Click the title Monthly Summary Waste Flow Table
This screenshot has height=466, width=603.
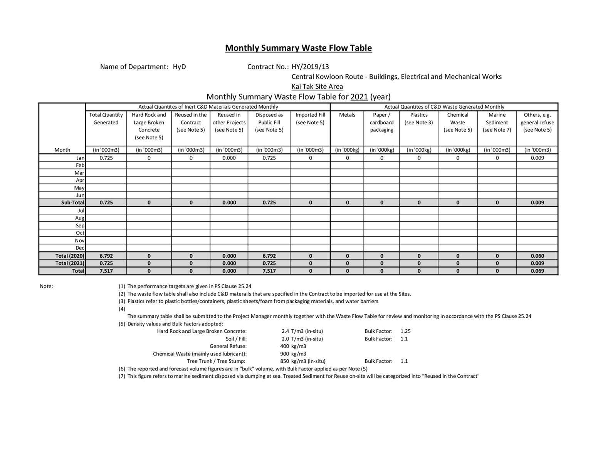[298, 48]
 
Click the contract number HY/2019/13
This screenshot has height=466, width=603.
[310, 67]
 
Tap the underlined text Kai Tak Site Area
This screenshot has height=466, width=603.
[317, 87]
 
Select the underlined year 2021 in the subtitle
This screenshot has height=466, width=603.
[359, 97]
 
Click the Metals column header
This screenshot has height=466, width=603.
[347, 115]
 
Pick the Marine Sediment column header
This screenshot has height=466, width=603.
[497, 122]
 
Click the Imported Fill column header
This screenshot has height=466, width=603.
[310, 119]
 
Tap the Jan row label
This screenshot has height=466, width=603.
[80, 158]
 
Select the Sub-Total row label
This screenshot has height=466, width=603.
[72, 203]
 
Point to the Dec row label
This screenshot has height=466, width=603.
[80, 248]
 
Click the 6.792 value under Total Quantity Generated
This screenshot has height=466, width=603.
[106, 256]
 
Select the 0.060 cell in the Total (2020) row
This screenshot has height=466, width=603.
[537, 256]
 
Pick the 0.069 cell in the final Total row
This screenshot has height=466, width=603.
[537, 271]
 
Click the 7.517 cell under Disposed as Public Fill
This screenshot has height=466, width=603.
[269, 271]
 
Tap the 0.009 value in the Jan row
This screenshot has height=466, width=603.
[537, 158]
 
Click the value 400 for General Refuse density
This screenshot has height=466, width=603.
[284, 346]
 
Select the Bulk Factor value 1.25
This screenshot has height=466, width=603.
[405, 331]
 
